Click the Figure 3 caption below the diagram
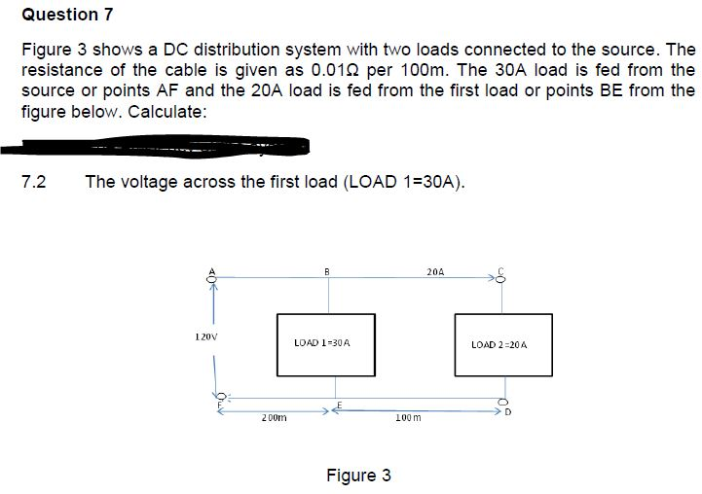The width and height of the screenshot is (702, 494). point(358,476)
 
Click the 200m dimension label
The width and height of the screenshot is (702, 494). point(272,418)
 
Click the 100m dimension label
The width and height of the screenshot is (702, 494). point(408,418)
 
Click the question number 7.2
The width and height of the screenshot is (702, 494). point(34,181)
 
